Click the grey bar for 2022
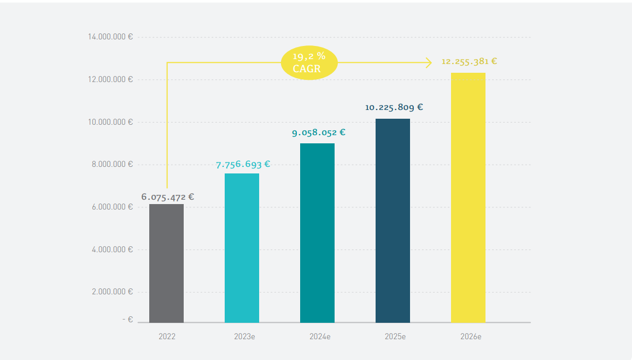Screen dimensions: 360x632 coord(167,263)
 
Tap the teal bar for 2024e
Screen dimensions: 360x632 coord(317,233)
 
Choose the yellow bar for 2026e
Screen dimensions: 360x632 coord(468,198)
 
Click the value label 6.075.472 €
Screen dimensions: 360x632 coord(167,197)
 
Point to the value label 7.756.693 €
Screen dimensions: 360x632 coord(243,164)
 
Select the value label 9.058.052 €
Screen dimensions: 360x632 coord(318,132)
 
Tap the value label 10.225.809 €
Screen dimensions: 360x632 coord(394,107)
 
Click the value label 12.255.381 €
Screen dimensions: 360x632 coord(469,61)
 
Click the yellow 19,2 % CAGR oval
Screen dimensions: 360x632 coord(309,63)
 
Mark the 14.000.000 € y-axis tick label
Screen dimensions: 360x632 coord(110,37)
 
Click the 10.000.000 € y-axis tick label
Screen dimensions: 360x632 coord(110,121)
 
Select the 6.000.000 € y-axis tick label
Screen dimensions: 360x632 coord(112,207)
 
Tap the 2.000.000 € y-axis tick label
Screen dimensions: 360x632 coord(112,292)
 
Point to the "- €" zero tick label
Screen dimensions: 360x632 coord(127,319)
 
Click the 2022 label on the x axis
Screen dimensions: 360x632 coord(167,336)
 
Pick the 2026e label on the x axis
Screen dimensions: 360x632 coord(471,336)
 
